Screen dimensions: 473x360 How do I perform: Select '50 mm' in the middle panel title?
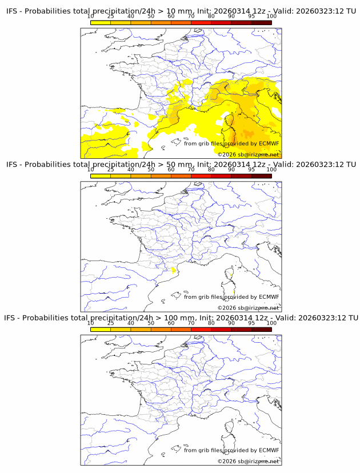(x=177, y=165)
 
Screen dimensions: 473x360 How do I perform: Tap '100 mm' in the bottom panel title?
(x=179, y=318)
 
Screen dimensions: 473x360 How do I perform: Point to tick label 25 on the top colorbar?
(x=110, y=17)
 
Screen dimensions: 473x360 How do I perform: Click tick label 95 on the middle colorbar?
(x=251, y=170)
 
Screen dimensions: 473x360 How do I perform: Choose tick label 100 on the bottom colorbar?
(x=271, y=323)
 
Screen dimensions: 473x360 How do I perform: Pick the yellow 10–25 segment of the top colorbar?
(x=101, y=22)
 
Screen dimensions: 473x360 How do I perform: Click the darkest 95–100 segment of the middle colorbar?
(x=262, y=176)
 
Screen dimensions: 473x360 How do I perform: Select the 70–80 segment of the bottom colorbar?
(x=201, y=329)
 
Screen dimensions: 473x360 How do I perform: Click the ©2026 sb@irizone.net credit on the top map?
(x=249, y=154)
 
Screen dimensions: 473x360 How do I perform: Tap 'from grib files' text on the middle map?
(x=204, y=296)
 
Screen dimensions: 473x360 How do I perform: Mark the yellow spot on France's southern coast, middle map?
(x=173, y=270)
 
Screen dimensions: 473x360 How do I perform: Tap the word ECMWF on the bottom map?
(x=269, y=450)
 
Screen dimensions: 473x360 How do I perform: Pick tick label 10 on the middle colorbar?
(x=90, y=170)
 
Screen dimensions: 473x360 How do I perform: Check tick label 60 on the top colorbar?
(x=171, y=17)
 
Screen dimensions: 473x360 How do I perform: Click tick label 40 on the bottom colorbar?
(x=131, y=323)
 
